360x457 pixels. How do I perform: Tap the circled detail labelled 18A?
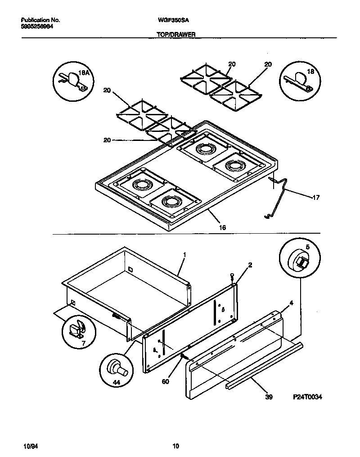72,81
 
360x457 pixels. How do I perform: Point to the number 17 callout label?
316,197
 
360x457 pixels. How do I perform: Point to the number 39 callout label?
269,397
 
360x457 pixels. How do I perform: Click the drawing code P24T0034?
308,397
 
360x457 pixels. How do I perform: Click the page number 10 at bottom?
176,446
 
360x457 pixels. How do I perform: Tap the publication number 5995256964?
40,27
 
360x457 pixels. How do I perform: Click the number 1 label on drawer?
184,254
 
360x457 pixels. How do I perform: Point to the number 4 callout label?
291,303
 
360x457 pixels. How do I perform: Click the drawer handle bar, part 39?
265,365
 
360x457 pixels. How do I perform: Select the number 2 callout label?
250,265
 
